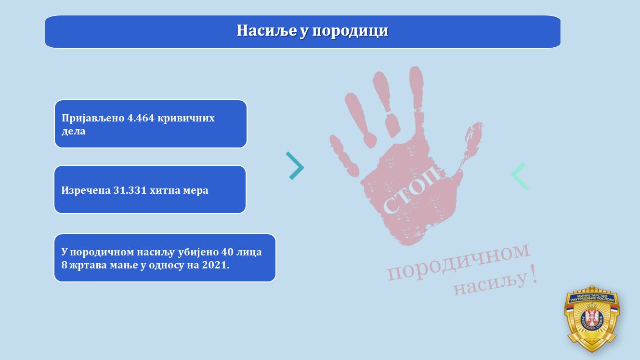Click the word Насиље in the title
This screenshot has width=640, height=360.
pyautogui.click(x=267, y=30)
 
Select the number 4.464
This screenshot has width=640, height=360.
pyautogui.click(x=141, y=118)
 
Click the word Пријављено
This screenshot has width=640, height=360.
pyautogui.click(x=93, y=119)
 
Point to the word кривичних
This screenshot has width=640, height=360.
pyautogui.click(x=186, y=119)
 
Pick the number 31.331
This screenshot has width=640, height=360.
pyautogui.click(x=130, y=190)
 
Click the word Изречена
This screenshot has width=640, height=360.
pyautogui.click(x=86, y=190)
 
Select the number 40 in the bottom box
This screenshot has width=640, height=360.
pyautogui.click(x=227, y=252)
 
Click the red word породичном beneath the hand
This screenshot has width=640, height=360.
pyautogui.click(x=458, y=262)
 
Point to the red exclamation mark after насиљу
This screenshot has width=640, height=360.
pyautogui.click(x=533, y=274)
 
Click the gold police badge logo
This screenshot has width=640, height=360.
pyautogui.click(x=592, y=319)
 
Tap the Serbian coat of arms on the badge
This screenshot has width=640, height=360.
pyautogui.click(x=592, y=318)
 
